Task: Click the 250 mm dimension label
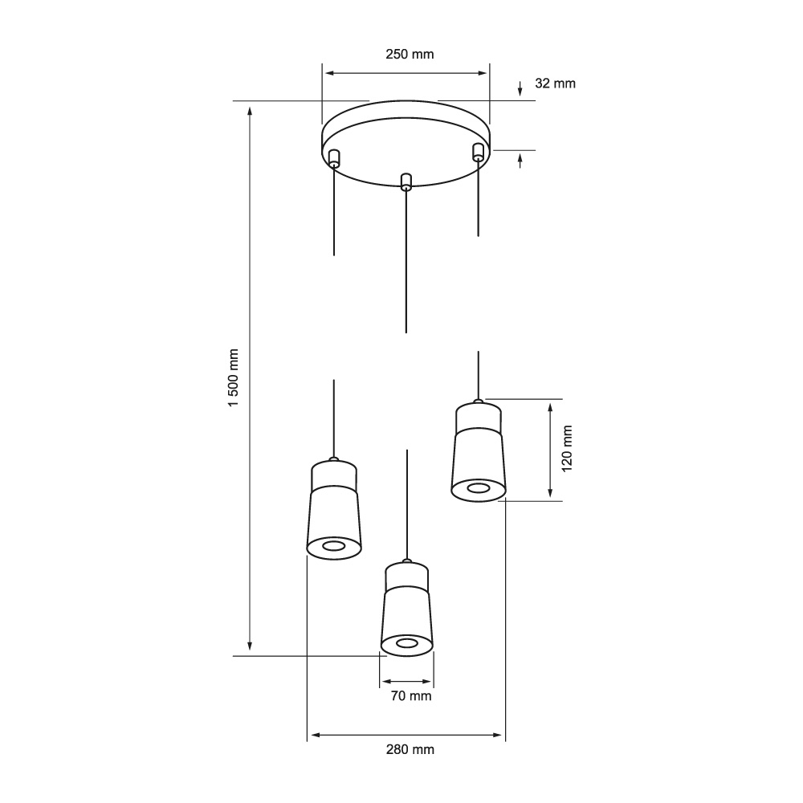coord(410,55)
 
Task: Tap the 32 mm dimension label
coord(555,84)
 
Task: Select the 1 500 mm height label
coord(234,378)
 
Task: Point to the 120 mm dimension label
coord(567,449)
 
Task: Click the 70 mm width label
coord(410,696)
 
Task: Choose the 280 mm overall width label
coord(410,750)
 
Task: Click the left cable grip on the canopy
coord(334,157)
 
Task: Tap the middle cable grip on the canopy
coord(406,181)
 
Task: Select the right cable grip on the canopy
coord(478,152)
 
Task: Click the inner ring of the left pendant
coord(334,546)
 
